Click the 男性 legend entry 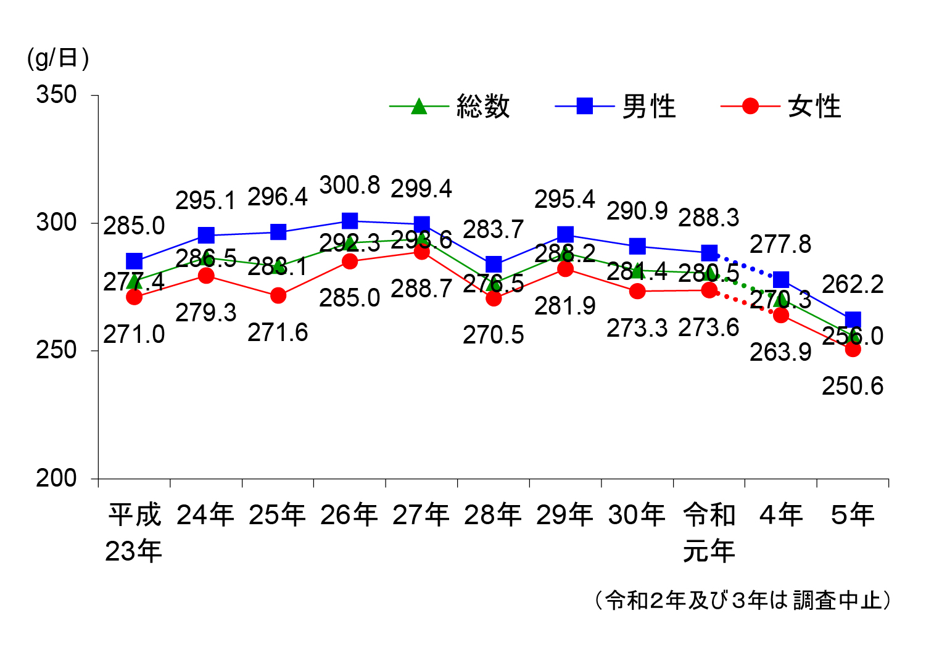(x=648, y=107)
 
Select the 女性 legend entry (x=814, y=107)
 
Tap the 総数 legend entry (x=483, y=107)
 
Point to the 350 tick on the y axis (x=56, y=95)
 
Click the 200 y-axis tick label (x=56, y=478)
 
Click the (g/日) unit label (x=58, y=58)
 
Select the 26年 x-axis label (x=349, y=515)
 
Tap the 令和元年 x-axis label (x=709, y=532)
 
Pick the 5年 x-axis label (x=853, y=515)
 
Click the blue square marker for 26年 (x=350, y=221)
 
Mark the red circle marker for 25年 (x=278, y=295)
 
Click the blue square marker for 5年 (x=853, y=319)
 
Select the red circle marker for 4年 (x=781, y=315)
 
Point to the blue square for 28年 (x=494, y=265)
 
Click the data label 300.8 (x=350, y=185)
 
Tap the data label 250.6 (x=853, y=386)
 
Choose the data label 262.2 (x=853, y=284)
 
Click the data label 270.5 (x=494, y=335)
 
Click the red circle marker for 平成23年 (x=134, y=297)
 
